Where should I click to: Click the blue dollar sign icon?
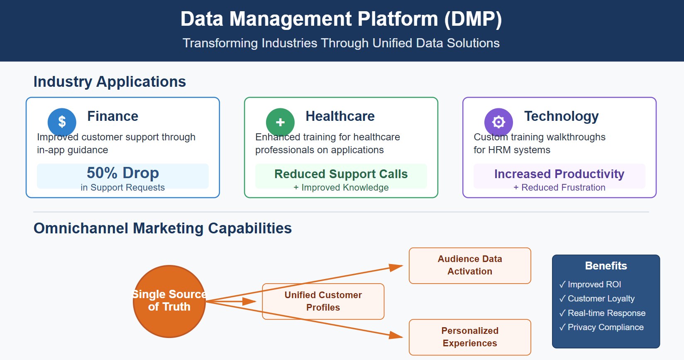click(x=62, y=122)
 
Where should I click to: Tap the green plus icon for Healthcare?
click(x=280, y=122)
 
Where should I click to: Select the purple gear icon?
click(x=498, y=122)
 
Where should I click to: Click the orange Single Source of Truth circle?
click(x=169, y=301)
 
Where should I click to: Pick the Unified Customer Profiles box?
click(x=323, y=301)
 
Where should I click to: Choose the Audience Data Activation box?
click(x=470, y=265)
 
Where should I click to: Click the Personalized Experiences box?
click(x=470, y=337)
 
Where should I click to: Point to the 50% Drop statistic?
click(x=123, y=173)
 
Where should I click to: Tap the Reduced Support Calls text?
click(x=341, y=174)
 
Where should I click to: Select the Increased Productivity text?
click(x=559, y=174)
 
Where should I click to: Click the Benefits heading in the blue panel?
click(x=606, y=266)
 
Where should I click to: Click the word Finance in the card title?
click(x=112, y=116)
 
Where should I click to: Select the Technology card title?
click(x=561, y=116)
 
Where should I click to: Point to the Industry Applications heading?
click(x=110, y=82)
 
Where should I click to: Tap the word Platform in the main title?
click(x=398, y=19)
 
